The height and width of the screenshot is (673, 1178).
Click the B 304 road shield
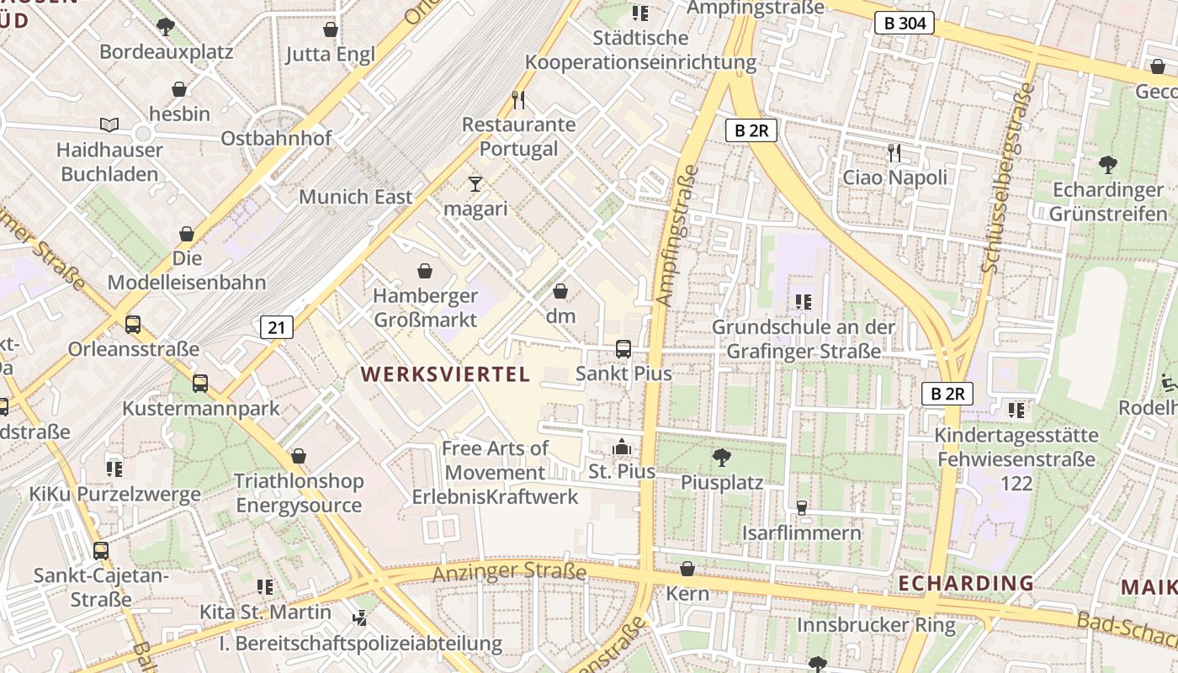[905, 24]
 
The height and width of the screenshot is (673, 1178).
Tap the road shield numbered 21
[277, 327]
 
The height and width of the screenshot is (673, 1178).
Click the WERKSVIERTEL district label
[446, 374]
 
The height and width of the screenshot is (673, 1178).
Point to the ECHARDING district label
[965, 583]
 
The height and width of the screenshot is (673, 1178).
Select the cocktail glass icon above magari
[475, 183]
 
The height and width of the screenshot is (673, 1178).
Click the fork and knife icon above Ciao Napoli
[894, 152]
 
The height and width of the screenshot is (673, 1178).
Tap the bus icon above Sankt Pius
[623, 348]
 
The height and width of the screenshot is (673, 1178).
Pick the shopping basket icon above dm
[560, 291]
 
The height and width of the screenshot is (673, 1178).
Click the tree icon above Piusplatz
[721, 458]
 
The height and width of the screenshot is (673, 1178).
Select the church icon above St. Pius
[622, 446]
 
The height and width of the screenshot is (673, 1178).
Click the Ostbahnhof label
[276, 138]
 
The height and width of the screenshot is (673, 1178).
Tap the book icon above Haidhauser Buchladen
[109, 125]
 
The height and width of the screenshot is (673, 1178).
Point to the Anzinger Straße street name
[509, 573]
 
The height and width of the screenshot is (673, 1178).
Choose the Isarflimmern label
[802, 533]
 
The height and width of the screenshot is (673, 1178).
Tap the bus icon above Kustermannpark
[200, 384]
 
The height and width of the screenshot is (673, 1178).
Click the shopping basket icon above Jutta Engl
[331, 29]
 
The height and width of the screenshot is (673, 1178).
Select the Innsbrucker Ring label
[876, 625]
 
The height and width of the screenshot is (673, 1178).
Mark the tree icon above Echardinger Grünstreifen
[1108, 164]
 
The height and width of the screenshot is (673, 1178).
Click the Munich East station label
[356, 197]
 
